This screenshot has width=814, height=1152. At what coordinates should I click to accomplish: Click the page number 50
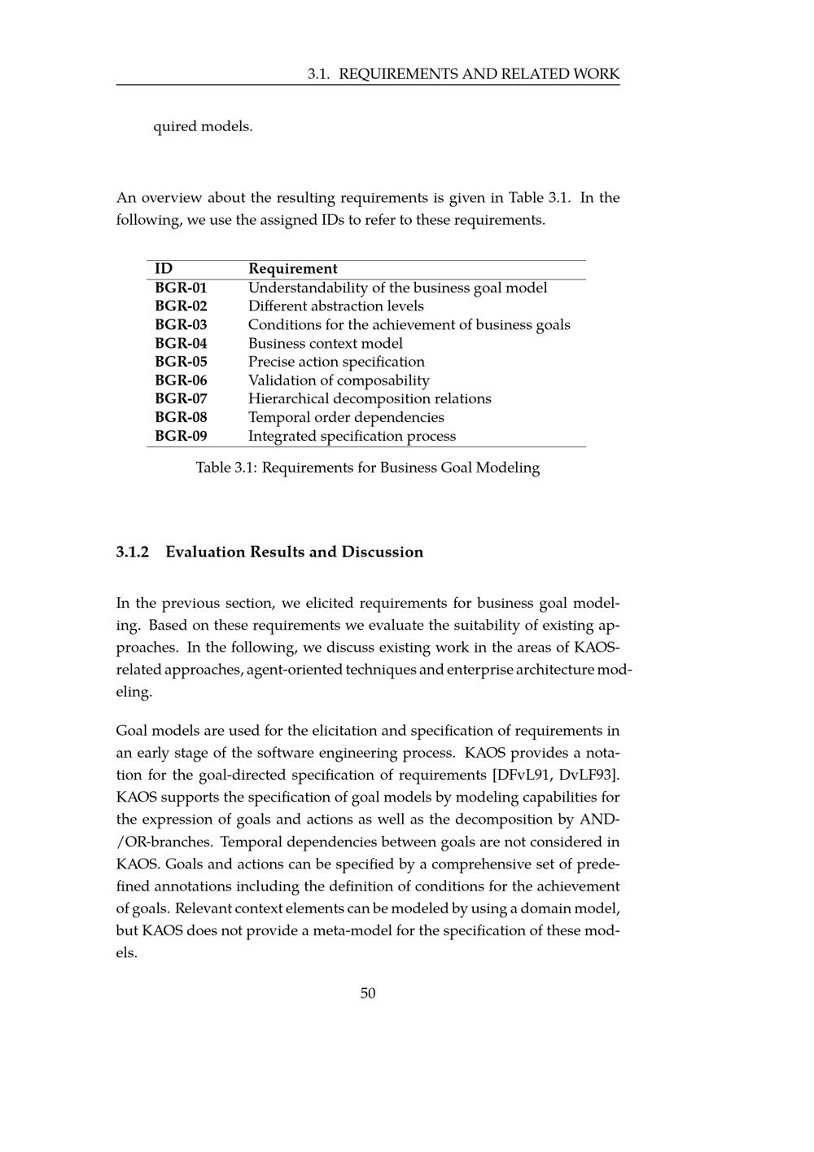pos(368,993)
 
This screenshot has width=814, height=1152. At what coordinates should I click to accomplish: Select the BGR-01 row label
pos(181,288)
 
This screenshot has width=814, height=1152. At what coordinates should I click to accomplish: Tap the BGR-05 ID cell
pos(181,362)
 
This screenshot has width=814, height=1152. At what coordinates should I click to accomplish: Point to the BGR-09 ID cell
pos(181,436)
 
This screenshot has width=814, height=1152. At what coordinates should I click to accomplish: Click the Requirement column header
pos(292,269)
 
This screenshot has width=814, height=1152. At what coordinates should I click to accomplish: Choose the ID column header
pos(164,269)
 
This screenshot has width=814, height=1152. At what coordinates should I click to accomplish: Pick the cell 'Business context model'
pos(325,343)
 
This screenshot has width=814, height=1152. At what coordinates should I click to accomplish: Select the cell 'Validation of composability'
pos(339,380)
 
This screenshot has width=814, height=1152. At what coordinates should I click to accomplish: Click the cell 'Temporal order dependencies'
pos(346,417)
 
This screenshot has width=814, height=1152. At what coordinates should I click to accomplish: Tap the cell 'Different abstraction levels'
pos(335,306)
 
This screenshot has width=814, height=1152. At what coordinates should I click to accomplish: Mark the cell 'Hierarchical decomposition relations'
pos(370,398)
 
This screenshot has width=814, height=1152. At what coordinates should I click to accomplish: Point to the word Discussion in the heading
pos(382,552)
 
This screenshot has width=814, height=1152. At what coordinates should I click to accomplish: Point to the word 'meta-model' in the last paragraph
pos(353,930)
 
